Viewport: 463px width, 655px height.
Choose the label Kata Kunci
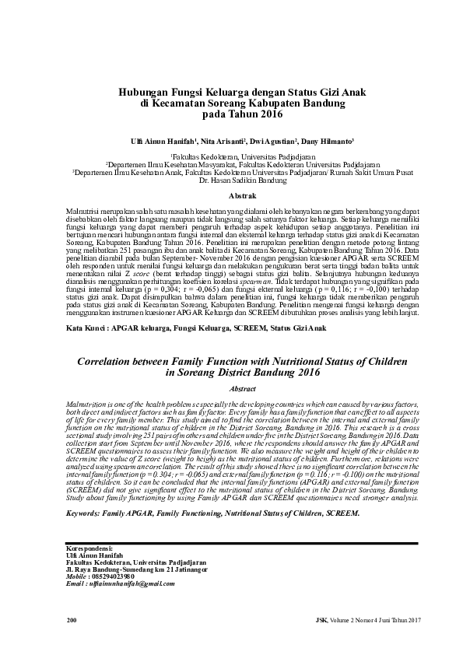tap(86, 330)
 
